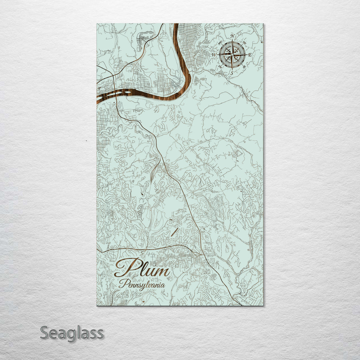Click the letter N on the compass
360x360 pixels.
point(232,36)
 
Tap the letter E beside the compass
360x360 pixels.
point(250,55)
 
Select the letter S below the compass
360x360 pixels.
point(232,73)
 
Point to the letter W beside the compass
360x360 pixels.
point(214,55)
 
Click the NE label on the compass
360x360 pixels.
point(245,42)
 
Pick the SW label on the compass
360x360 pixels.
point(220,67)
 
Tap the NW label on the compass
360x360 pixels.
point(219,42)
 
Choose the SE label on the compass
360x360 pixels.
point(245,67)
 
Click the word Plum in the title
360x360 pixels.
point(142,268)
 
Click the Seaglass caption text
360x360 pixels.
point(72,333)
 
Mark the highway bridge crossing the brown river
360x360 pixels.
point(115,94)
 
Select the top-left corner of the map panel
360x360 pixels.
point(97,24)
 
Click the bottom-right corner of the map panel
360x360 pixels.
point(263,305)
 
